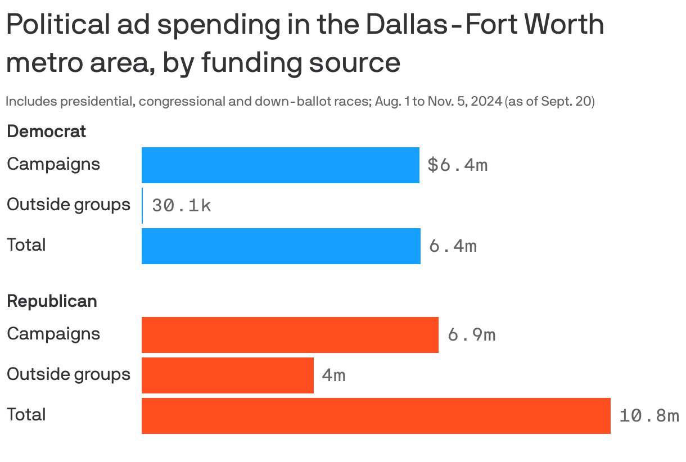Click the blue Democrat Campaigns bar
(280, 165)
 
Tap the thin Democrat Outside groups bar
(142, 206)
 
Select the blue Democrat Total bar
(281, 246)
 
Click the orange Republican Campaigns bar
(290, 335)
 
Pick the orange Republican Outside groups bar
(227, 375)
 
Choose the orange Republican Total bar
(376, 416)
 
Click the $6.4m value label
(457, 165)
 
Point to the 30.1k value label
(182, 206)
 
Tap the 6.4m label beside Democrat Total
(453, 246)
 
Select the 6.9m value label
(471, 335)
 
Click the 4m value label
(333, 375)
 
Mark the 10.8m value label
(649, 416)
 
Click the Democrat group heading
(46, 132)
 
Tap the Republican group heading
(52, 301)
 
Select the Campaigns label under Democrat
(53, 164)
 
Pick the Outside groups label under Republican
(69, 374)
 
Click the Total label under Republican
(26, 415)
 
